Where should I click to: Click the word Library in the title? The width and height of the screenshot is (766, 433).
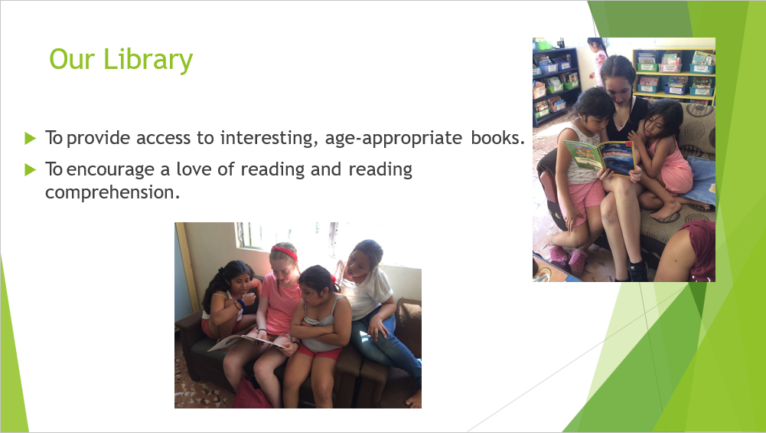(x=148, y=60)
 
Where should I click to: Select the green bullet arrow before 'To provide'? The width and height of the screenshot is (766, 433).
(x=31, y=138)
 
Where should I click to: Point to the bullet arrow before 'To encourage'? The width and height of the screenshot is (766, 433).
(x=31, y=170)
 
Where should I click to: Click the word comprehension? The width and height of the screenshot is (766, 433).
(x=112, y=192)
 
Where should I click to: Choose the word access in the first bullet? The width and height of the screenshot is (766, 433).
(x=164, y=139)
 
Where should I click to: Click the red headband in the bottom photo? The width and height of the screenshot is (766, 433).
(x=285, y=252)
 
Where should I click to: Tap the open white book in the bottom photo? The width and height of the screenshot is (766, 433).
(x=246, y=342)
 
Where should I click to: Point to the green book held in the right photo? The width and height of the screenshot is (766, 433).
(x=598, y=156)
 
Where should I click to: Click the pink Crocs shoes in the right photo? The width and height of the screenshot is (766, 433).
(x=567, y=258)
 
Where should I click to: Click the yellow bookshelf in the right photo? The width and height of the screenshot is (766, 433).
(x=673, y=74)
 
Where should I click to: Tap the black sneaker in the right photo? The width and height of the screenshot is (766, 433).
(x=638, y=271)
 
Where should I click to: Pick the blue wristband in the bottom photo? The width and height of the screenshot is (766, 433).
(x=241, y=303)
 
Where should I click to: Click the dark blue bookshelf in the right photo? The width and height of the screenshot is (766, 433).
(x=556, y=84)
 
